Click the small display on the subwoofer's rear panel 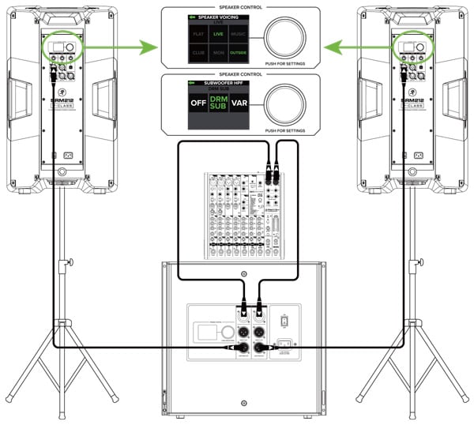click(x=205, y=332)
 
